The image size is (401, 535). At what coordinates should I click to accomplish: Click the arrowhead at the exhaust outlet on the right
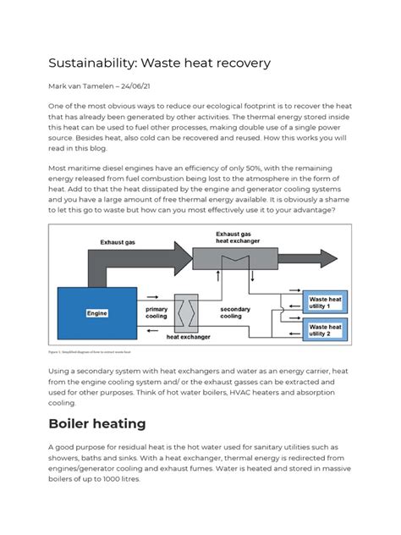342,257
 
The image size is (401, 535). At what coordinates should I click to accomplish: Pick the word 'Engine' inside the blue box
98,313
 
